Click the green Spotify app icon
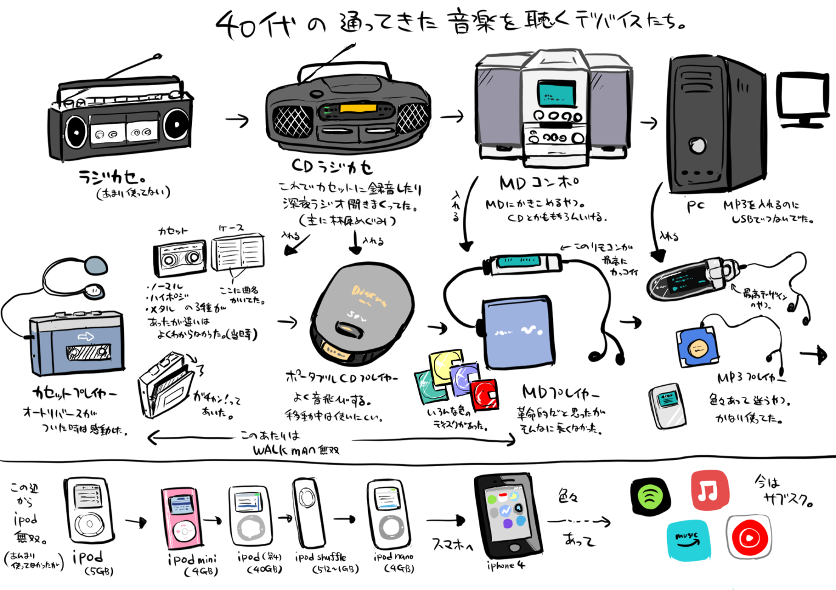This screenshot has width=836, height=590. pyautogui.click(x=650, y=496)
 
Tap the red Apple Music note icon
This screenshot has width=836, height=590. pyautogui.click(x=709, y=490)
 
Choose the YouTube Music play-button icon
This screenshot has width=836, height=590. pyautogui.click(x=749, y=537)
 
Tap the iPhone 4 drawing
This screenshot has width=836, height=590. pyautogui.click(x=507, y=515)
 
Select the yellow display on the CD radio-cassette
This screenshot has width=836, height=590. pyautogui.click(x=358, y=109)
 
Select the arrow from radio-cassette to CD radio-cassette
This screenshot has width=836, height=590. pyautogui.click(x=238, y=120)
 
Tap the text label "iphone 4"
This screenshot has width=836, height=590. pyautogui.click(x=505, y=565)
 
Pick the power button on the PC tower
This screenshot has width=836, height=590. pyautogui.click(x=697, y=145)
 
